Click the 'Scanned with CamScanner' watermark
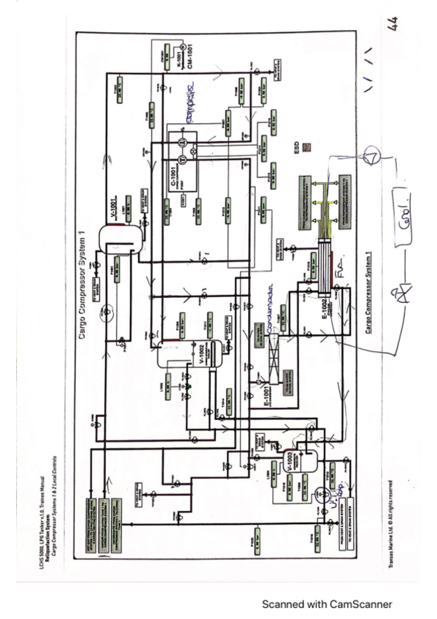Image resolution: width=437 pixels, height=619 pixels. coord(327,604)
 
